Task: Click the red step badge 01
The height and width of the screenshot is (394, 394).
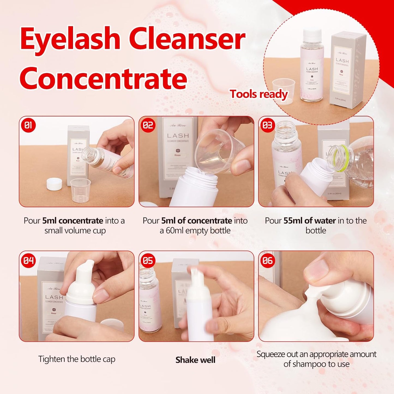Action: [x=28, y=125]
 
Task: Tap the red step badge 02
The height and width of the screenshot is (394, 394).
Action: [x=148, y=125]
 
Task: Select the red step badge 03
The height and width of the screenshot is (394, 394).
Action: [x=267, y=125]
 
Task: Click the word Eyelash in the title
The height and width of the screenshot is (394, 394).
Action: [x=70, y=39]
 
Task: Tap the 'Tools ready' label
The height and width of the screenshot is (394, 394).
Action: [x=259, y=94]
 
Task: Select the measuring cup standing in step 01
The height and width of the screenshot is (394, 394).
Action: [x=80, y=190]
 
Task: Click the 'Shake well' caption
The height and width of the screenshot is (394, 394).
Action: [x=195, y=360]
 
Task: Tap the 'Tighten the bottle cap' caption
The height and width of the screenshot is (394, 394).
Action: [x=77, y=359]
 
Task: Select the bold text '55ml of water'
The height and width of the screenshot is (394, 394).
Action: [x=309, y=221]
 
